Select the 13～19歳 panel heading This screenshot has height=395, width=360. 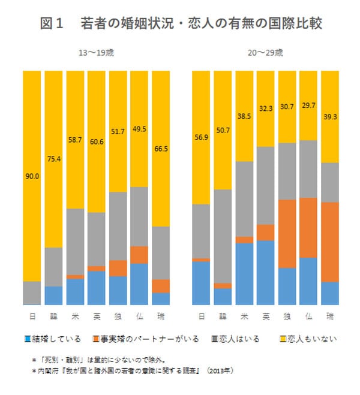pos(97,53)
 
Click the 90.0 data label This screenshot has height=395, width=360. pos(32,176)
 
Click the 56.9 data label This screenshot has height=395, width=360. pos(200,137)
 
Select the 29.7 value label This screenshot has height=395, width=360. pos(309,105)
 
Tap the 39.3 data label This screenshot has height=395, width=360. pos(330,117)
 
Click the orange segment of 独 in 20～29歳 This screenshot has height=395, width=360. pos(287,234)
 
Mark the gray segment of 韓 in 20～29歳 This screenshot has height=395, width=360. pos(223,236)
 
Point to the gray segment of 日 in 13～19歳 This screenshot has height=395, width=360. pos(32,293)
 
